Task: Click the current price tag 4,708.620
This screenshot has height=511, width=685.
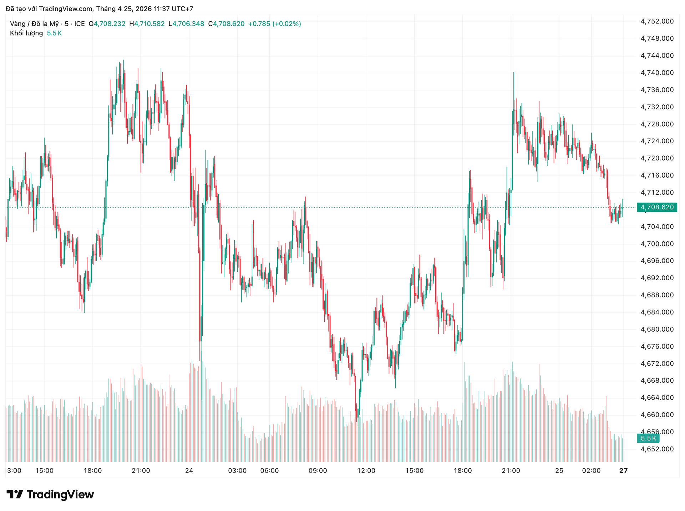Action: tap(657, 207)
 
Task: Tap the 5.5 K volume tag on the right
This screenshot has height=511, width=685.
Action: tap(648, 438)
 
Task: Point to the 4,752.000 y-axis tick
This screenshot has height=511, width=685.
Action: tap(657, 21)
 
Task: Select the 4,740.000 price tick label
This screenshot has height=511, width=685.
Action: tap(657, 73)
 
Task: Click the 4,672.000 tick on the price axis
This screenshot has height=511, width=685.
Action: tap(657, 363)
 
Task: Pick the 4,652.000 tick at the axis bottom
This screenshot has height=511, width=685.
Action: tap(657, 449)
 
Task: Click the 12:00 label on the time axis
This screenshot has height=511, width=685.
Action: tap(366, 471)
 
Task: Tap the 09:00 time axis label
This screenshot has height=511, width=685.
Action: tap(318, 471)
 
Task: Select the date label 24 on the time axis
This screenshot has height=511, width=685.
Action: tap(189, 471)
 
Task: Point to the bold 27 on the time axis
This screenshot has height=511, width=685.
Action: tap(623, 471)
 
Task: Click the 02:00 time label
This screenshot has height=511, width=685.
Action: tap(591, 471)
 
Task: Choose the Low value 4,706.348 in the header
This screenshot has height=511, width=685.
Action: tap(188, 24)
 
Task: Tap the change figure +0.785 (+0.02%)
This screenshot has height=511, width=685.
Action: tap(274, 24)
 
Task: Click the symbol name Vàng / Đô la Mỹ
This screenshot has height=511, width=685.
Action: tap(34, 24)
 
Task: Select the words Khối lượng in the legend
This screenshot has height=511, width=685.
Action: tap(26, 33)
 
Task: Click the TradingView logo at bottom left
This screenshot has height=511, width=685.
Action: tap(50, 495)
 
